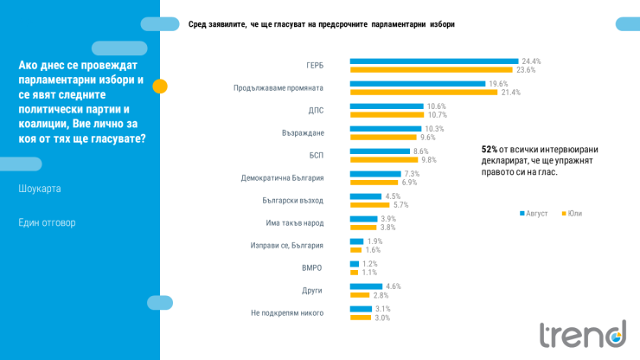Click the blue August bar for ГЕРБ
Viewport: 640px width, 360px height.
pyautogui.click(x=433, y=61)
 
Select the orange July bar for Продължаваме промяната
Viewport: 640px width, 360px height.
pyautogui.click(x=424, y=92)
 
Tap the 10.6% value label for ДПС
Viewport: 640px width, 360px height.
pyautogui.click(x=436, y=106)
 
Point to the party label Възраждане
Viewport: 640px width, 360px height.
pyautogui.click(x=303, y=133)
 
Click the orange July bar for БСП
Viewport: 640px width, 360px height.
pyautogui.click(x=384, y=159)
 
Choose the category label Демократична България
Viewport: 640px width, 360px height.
pyautogui.click(x=282, y=178)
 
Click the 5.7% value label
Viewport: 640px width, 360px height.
pyautogui.click(x=400, y=205)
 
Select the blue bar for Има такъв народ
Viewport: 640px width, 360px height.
pyautogui.click(x=363, y=219)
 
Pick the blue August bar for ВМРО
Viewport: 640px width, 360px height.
pyautogui.click(x=354, y=264)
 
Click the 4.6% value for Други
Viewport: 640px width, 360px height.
pyautogui.click(x=394, y=286)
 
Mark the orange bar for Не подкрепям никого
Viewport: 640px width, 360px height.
pyautogui.click(x=360, y=318)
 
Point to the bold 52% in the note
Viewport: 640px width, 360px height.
pyautogui.click(x=490, y=150)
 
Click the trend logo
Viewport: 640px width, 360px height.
pyautogui.click(x=582, y=333)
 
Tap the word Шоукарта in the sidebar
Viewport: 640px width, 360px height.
pyautogui.click(x=40, y=189)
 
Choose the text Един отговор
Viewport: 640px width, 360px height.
pyautogui.click(x=47, y=222)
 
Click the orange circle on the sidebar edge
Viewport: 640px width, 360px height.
pyautogui.click(x=160, y=86)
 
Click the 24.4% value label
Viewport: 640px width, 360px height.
pyautogui.click(x=531, y=61)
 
